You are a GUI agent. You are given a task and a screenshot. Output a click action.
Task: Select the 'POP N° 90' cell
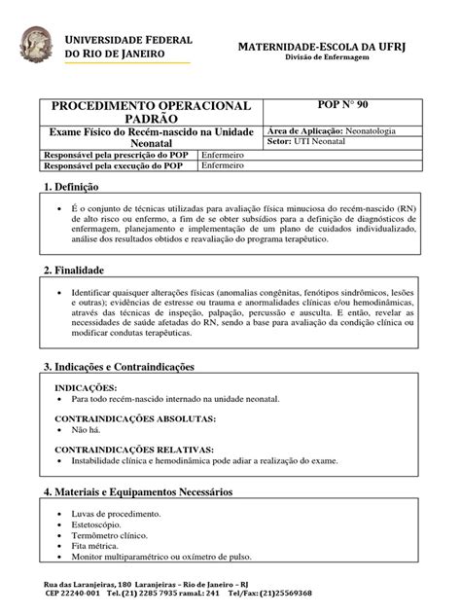click(343, 103)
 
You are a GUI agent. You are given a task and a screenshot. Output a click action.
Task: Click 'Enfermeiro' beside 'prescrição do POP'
click(224, 154)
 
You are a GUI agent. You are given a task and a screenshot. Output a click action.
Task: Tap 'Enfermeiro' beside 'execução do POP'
click(224, 165)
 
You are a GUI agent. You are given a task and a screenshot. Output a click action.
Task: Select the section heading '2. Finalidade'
click(74, 270)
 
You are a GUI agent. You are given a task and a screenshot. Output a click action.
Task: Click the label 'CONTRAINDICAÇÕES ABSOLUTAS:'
click(134, 418)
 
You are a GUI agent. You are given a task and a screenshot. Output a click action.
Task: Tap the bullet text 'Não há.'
click(88, 429)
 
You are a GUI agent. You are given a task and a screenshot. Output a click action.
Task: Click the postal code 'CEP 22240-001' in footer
click(73, 593)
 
